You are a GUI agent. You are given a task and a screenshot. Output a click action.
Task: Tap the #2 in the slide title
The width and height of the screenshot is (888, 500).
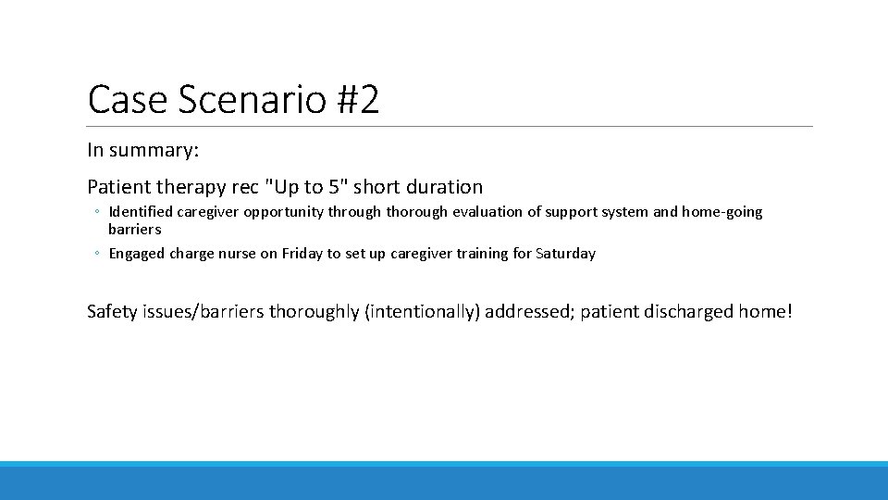point(357,100)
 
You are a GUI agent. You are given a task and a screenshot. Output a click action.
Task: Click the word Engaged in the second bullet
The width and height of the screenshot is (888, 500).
point(137,253)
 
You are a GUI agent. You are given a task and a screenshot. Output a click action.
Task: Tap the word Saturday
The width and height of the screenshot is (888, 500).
point(565,253)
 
